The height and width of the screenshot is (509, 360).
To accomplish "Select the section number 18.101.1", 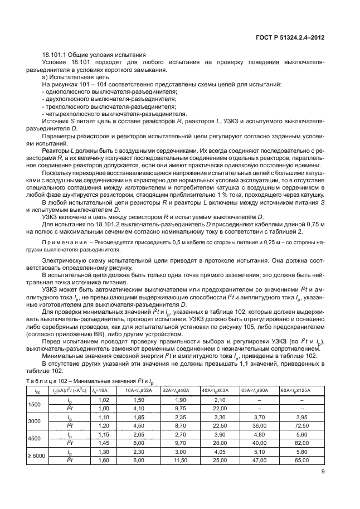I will point(55,55).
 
